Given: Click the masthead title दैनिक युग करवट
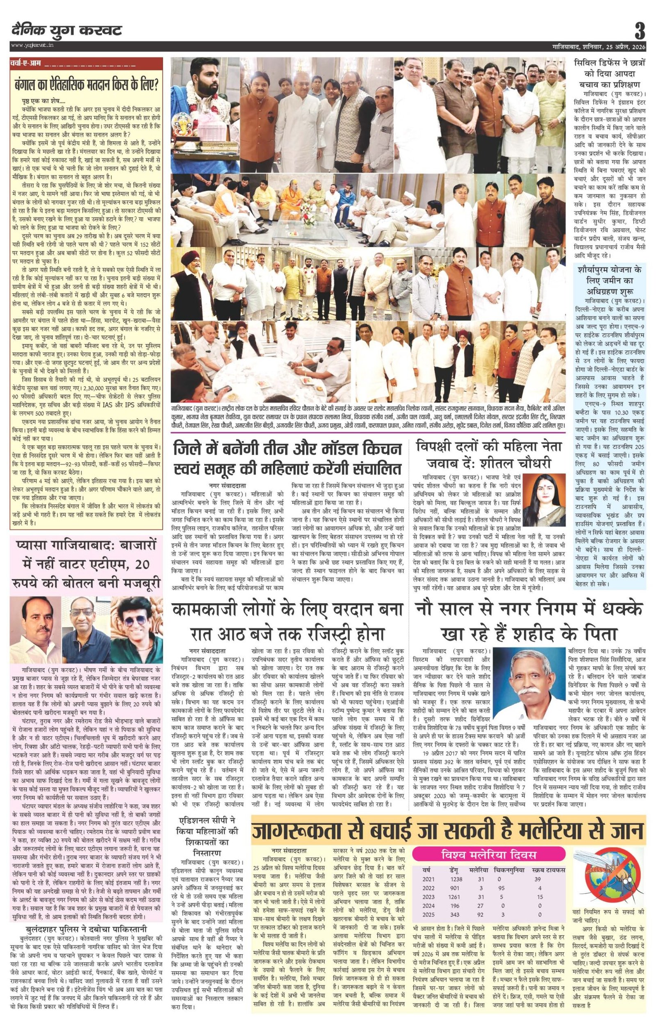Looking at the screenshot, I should point(66,31).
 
